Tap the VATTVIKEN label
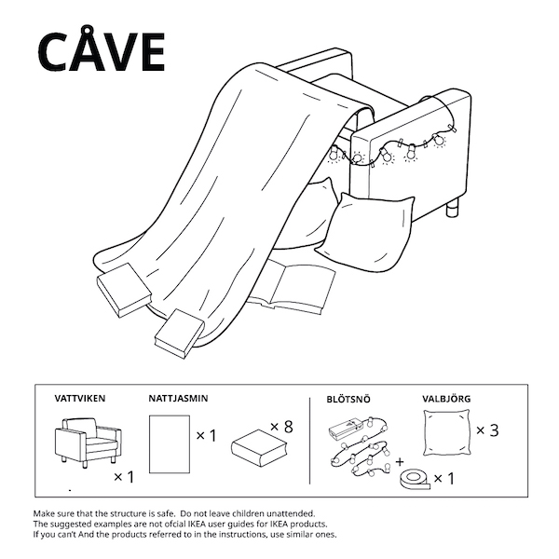[80, 398]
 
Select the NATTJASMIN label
[178, 398]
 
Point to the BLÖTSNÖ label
[348, 399]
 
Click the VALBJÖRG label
[446, 398]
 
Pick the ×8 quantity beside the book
[281, 427]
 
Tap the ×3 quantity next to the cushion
[487, 430]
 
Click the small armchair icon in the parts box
[88, 442]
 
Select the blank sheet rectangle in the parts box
[170, 444]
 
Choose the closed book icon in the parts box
[259, 448]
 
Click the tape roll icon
[415, 480]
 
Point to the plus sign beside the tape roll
[400, 462]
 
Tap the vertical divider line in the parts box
[310, 441]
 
